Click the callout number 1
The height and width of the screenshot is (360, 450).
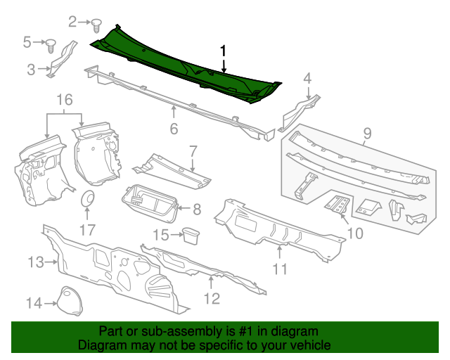[x=224, y=51]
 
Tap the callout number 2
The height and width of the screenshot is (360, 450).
[x=72, y=22]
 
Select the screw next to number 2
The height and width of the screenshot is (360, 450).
[x=96, y=25]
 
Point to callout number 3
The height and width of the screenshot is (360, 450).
[x=30, y=69]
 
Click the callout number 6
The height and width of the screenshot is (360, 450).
[x=174, y=129]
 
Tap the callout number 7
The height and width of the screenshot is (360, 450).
[x=192, y=150]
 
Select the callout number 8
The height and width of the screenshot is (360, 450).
[x=197, y=209]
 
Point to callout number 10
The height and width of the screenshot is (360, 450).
[x=354, y=233]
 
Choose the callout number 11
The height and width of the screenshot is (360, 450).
[x=280, y=269]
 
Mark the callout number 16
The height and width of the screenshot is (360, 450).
[x=65, y=101]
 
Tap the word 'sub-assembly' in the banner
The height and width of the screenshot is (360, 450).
[x=173, y=331]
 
